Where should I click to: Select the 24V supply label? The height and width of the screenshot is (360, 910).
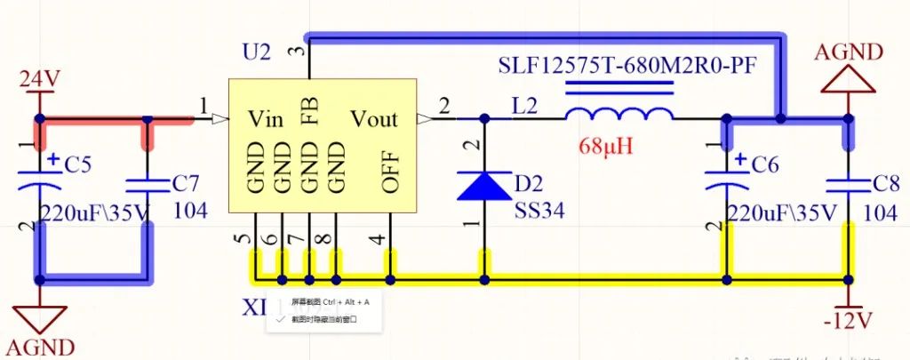pos(39,79)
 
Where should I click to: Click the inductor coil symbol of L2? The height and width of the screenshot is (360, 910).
pos(619,115)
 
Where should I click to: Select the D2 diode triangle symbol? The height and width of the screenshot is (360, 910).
pos(484,185)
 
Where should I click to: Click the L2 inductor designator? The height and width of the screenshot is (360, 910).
pos(524,106)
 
